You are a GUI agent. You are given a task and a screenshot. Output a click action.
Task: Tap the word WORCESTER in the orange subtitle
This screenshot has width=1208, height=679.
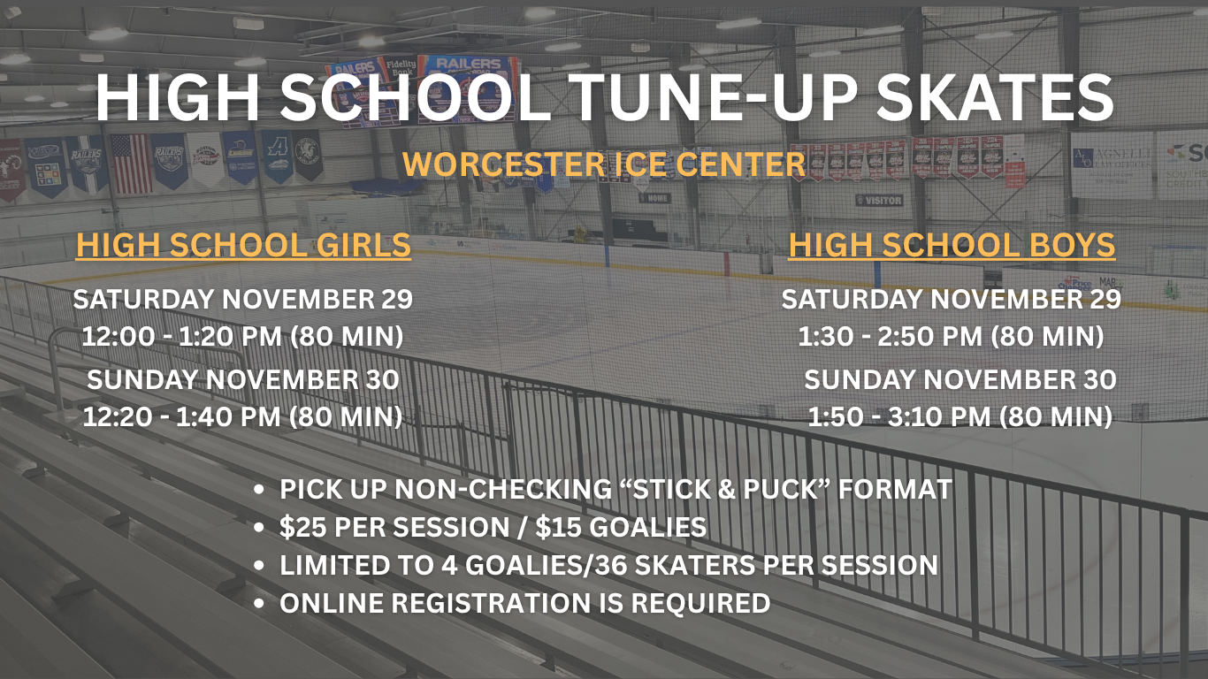pyautogui.click(x=504, y=164)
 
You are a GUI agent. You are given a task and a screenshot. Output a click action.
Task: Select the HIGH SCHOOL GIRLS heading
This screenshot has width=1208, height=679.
pyautogui.click(x=243, y=245)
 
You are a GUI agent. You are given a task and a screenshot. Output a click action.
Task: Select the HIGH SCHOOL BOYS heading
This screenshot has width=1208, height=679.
pyautogui.click(x=952, y=245)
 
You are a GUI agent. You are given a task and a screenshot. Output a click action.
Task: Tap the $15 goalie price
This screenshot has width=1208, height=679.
pyautogui.click(x=558, y=527)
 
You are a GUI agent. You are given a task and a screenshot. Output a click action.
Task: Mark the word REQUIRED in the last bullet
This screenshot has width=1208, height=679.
pyautogui.click(x=700, y=603)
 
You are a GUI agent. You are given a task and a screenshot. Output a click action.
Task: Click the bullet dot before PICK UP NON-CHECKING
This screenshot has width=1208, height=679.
pyautogui.click(x=259, y=490)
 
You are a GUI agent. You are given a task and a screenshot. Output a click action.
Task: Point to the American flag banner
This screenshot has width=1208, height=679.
pyautogui.click(x=131, y=164)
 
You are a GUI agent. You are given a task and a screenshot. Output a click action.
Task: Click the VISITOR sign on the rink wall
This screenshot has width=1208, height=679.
pyautogui.click(x=878, y=201)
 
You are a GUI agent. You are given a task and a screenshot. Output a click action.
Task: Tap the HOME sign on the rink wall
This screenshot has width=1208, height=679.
pyautogui.click(x=655, y=198)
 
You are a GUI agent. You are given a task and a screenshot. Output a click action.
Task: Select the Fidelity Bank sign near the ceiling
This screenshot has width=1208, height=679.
pyautogui.click(x=400, y=68)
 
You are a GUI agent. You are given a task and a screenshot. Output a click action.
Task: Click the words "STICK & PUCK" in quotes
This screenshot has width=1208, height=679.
pyautogui.click(x=724, y=490)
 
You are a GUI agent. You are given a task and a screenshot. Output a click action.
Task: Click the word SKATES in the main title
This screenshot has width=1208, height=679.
pyautogui.click(x=995, y=97)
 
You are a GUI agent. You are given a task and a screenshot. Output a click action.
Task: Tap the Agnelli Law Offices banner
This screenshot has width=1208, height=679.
pyautogui.click(x=1112, y=164)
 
